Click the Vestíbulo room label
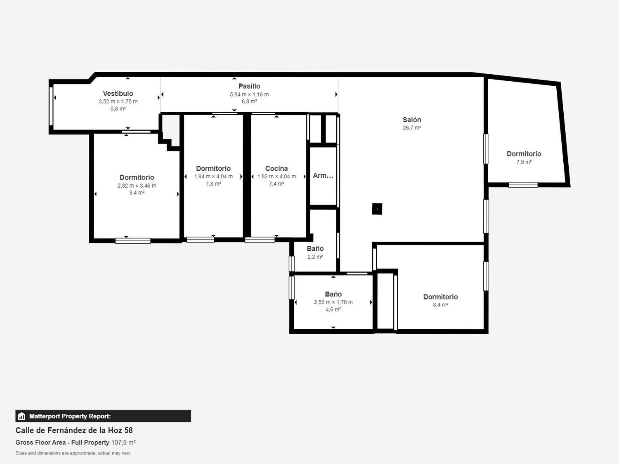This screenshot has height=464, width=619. tap(118, 93)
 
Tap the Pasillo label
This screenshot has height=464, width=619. tap(249, 86)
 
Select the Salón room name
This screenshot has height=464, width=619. tap(412, 120)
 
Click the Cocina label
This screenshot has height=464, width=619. tap(276, 168)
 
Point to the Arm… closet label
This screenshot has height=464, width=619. tap(323, 176)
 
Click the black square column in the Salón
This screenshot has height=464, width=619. tap(377, 209)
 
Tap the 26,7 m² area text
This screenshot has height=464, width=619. tap(412, 127)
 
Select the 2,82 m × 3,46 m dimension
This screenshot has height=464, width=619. tap(137, 186)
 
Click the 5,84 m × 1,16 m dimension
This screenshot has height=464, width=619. tap(249, 94)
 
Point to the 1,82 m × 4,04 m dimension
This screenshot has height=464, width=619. tap(276, 177)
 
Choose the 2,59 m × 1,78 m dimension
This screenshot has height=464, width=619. tap(333, 302)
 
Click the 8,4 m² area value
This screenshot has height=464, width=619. tap(440, 304)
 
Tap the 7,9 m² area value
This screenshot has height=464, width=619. tap(524, 162)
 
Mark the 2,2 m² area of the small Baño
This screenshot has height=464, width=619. tap(315, 257)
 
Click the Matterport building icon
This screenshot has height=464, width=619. tap(21, 416)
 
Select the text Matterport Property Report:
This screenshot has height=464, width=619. tap(70, 416)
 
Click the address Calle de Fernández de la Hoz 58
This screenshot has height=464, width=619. tap(74, 430)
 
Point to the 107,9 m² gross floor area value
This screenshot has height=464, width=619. tap(123, 442)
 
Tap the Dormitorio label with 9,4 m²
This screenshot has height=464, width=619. tap(137, 177)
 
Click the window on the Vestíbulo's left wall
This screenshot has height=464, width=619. tap(51, 106)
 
